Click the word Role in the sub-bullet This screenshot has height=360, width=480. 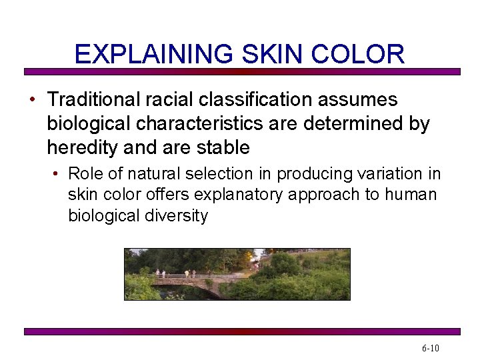point(85,174)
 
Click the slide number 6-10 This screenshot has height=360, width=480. point(431,349)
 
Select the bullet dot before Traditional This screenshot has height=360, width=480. point(32,101)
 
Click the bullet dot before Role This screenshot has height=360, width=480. point(57,175)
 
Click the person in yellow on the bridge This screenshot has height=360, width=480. point(187,273)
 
